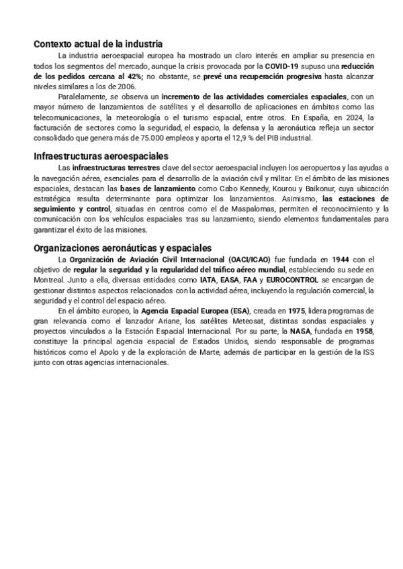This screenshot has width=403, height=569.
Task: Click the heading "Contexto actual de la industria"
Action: (x=98, y=44)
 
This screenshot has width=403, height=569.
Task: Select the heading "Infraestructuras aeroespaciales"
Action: (x=101, y=156)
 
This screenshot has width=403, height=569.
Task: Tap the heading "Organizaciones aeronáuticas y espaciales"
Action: (x=122, y=248)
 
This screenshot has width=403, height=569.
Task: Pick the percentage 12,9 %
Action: (x=259, y=138)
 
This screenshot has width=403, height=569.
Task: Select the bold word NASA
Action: (x=300, y=331)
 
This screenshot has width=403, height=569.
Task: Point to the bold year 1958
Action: (x=362, y=331)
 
